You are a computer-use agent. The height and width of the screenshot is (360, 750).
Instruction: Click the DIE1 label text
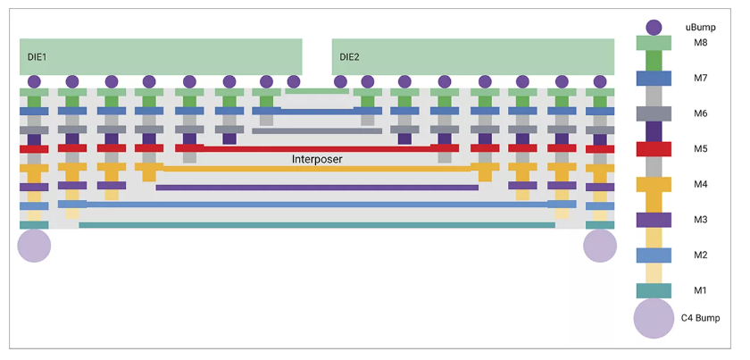37,57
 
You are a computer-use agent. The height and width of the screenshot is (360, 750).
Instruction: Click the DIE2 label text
349,57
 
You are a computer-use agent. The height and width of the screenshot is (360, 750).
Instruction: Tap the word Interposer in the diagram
317,160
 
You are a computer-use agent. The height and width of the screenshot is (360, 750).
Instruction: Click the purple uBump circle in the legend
654,28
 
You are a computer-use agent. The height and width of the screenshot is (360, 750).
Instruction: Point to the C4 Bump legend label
700,318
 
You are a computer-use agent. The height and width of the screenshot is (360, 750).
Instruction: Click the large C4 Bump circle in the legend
654,319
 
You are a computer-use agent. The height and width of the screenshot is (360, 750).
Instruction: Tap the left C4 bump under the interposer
34,246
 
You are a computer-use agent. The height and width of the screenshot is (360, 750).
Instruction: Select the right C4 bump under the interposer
600,246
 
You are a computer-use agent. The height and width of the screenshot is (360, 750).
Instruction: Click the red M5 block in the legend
654,149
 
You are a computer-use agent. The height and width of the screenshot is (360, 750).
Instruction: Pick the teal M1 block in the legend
654,290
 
